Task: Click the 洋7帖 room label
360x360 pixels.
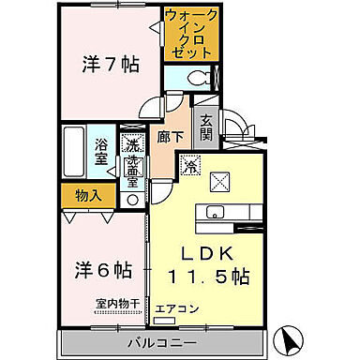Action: [111, 65]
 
